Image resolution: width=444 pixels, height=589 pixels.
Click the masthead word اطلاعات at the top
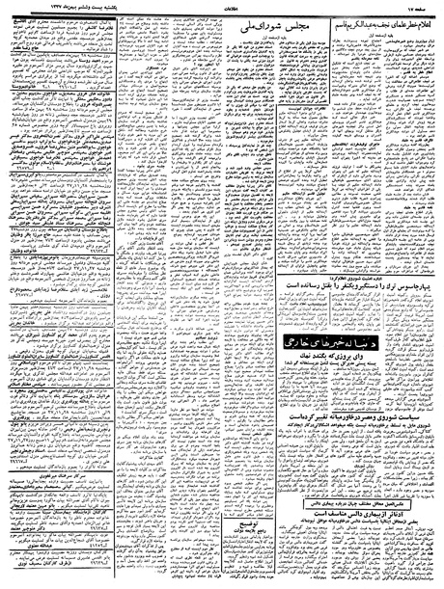point(221,6)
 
